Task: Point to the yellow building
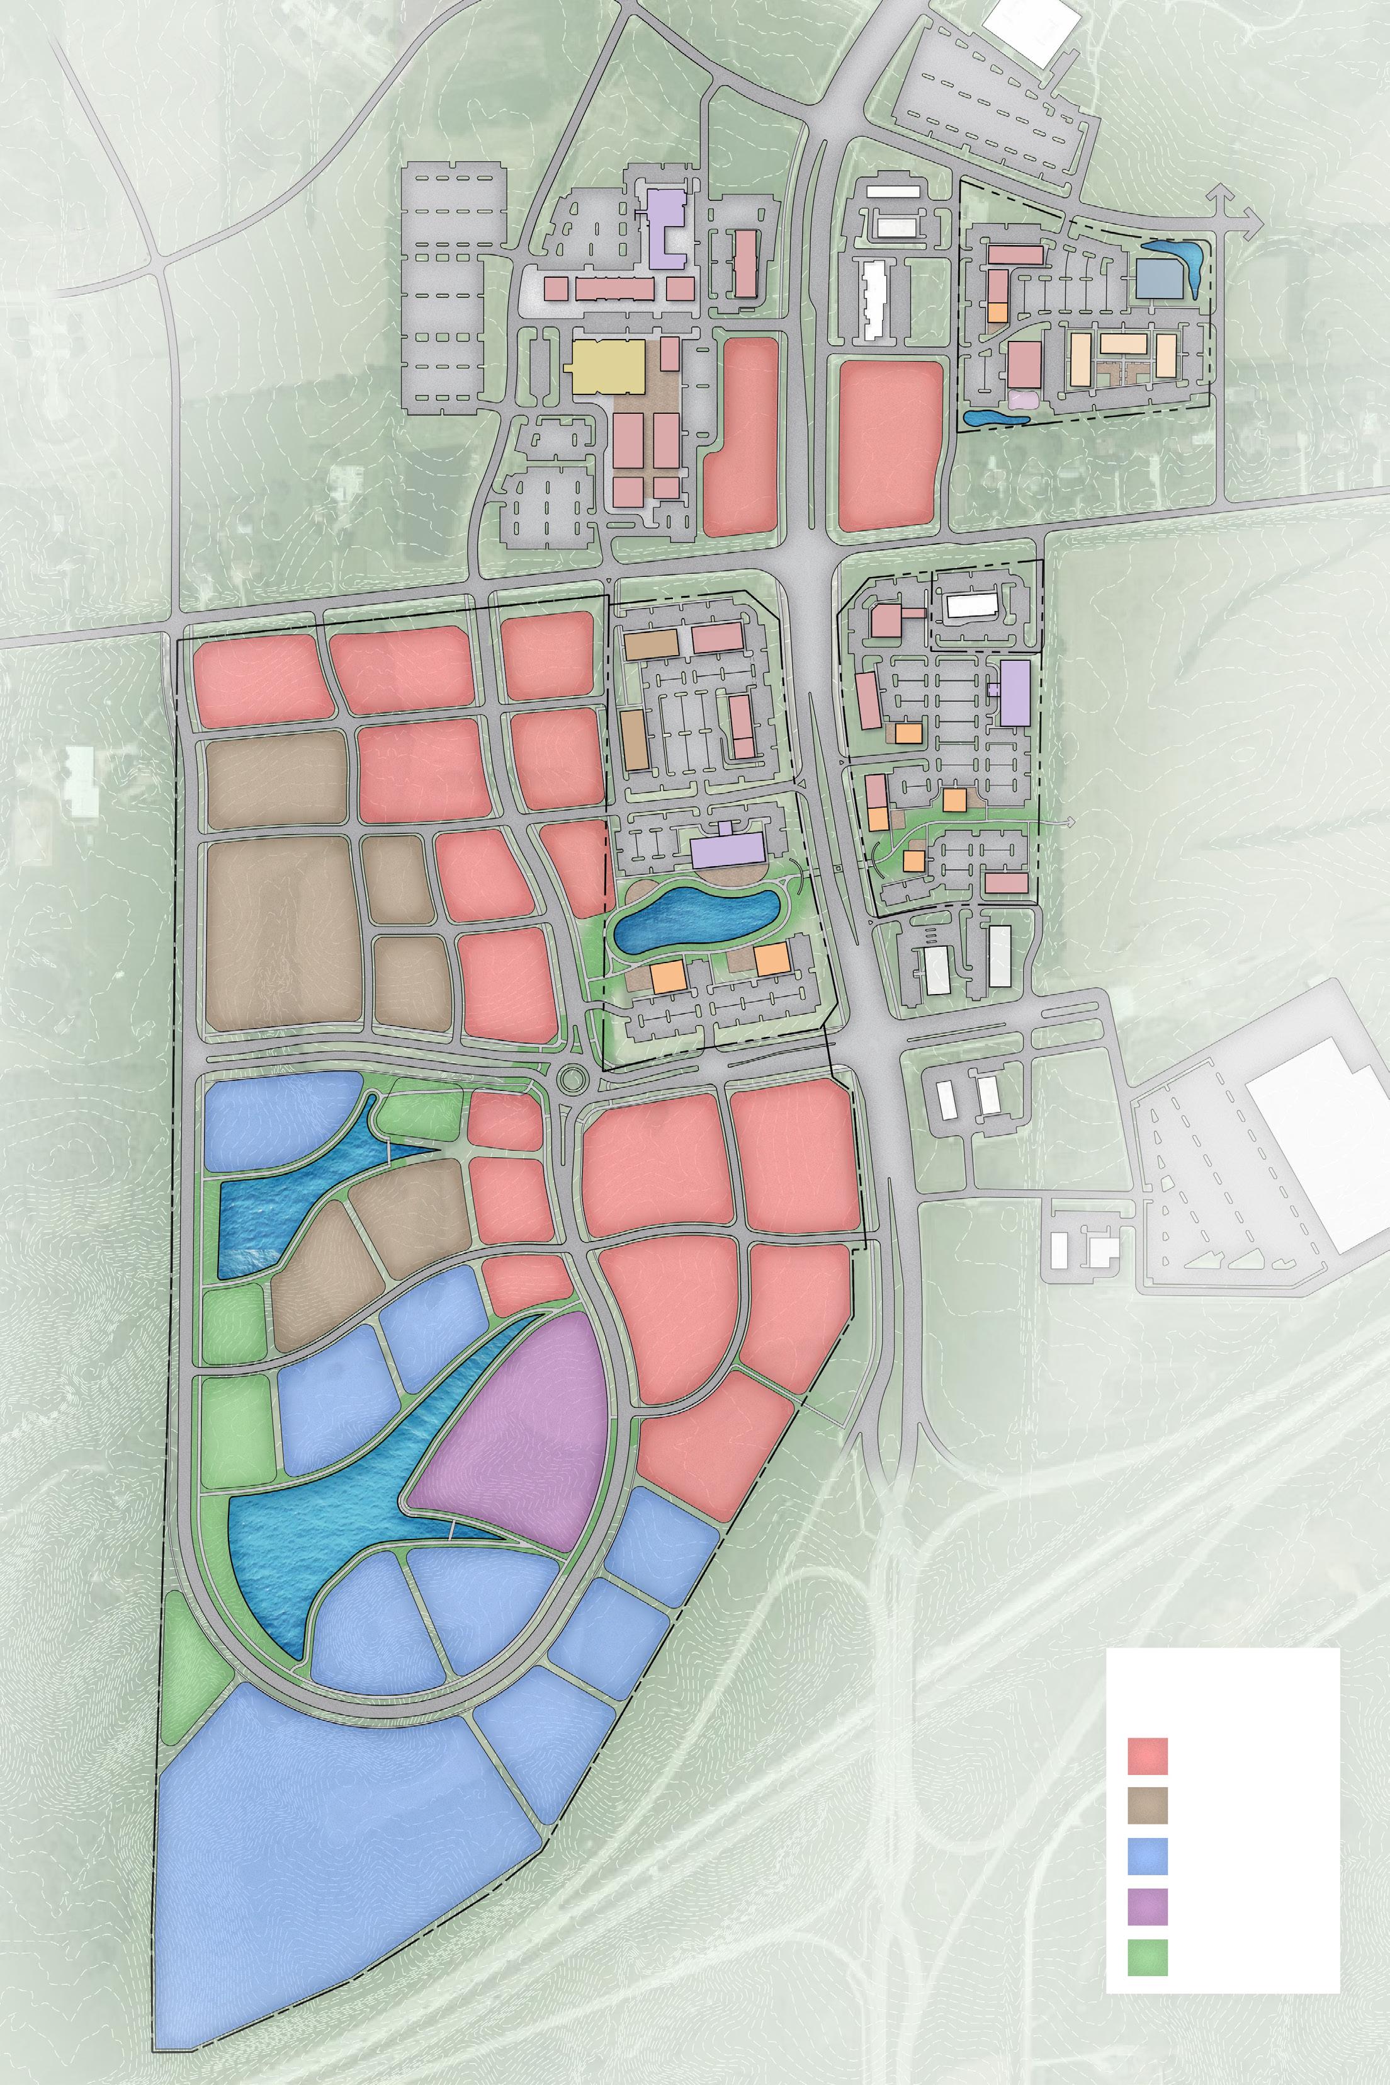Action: click(x=607, y=363)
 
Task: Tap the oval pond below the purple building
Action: click(x=696, y=922)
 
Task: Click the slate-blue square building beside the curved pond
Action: click(x=1160, y=279)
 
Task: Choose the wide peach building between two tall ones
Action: click(x=1123, y=343)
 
